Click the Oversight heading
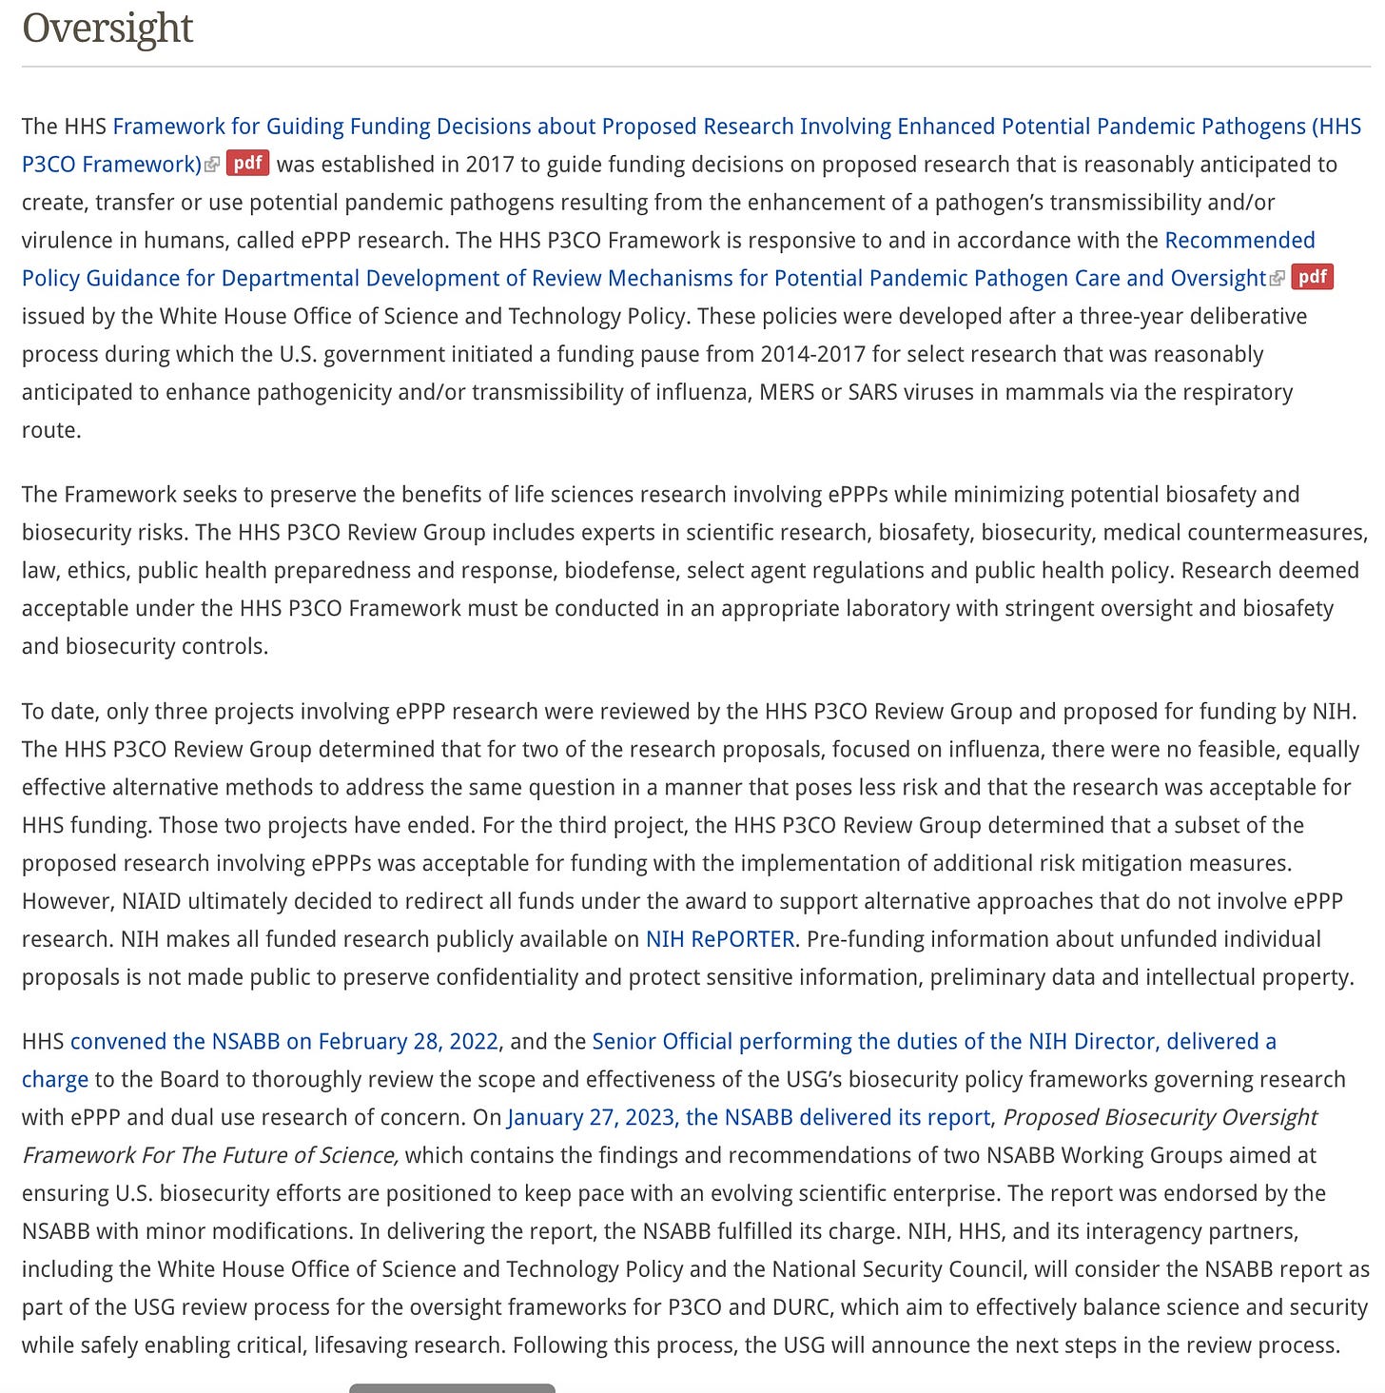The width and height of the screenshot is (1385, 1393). point(107,28)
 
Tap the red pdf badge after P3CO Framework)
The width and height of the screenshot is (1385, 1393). point(247,164)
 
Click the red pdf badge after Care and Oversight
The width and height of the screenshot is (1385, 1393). point(1313,278)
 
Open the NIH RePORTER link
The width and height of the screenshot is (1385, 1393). point(720,939)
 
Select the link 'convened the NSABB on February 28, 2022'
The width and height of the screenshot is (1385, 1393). point(284,1041)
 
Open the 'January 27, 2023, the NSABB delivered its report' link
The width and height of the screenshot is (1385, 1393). point(749,1117)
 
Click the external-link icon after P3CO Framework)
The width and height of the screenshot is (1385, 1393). point(212,165)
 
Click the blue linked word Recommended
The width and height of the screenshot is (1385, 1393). point(1239,240)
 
